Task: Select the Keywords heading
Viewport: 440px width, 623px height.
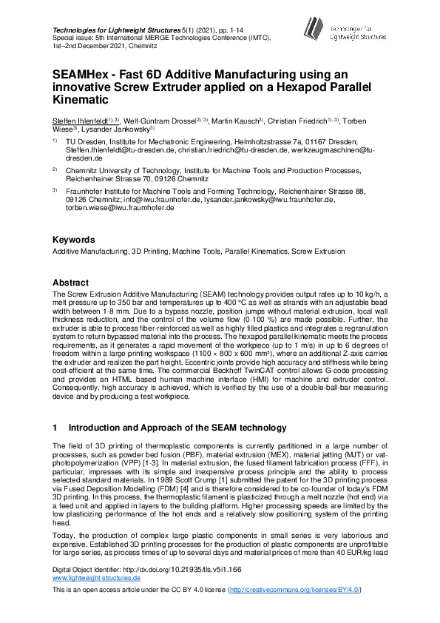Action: (x=73, y=240)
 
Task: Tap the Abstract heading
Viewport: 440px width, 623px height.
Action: (x=70, y=283)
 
